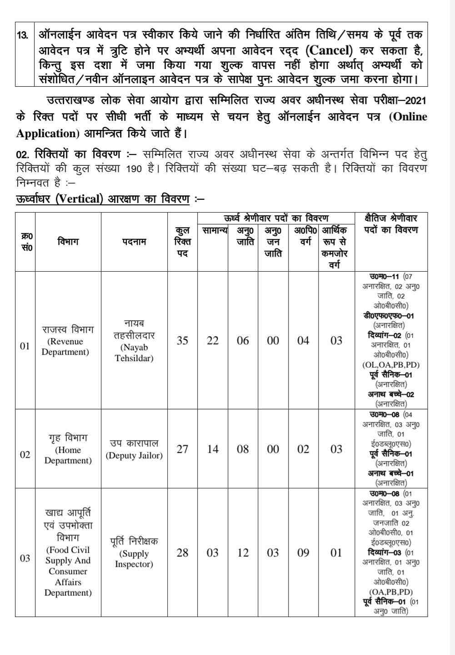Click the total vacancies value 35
click(182, 341)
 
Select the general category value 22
click(213, 341)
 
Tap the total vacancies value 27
click(182, 449)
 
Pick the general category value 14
click(213, 449)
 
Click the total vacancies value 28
click(182, 553)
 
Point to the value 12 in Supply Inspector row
click(243, 553)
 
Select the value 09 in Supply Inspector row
click(303, 553)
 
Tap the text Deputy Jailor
click(134, 456)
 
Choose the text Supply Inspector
click(134, 559)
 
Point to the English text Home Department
click(68, 456)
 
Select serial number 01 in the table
click(25, 346)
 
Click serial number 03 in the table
click(25, 558)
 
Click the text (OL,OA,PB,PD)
click(391, 365)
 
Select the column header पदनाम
click(134, 242)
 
